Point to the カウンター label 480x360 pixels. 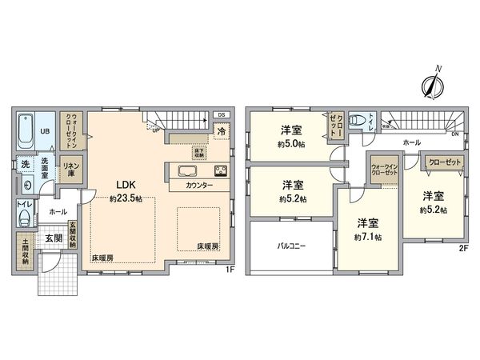199,186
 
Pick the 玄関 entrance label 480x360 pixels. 54,238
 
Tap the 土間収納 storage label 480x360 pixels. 25,250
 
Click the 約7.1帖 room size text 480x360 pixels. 369,238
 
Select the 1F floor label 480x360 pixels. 229,270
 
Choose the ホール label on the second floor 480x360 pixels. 411,142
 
